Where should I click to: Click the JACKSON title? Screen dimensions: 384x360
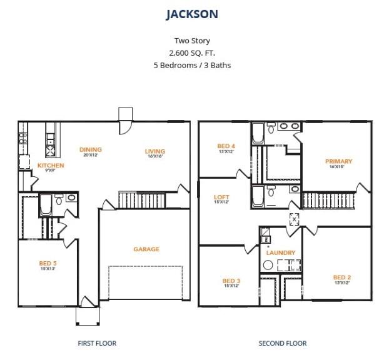tap(192, 14)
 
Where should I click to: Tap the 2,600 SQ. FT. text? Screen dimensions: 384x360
tap(192, 53)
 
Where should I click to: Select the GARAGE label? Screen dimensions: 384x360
tap(146, 249)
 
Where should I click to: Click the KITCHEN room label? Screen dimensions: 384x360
tap(51, 166)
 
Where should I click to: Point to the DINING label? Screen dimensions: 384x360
tap(91, 149)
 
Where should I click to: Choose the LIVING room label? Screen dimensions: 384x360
tap(155, 151)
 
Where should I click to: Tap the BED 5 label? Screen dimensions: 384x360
tap(48, 263)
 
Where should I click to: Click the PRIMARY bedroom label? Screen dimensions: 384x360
tap(339, 161)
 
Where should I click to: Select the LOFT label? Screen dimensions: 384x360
tap(221, 197)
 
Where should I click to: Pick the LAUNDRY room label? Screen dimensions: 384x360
tap(281, 252)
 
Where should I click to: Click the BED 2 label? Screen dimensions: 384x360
tap(342, 277)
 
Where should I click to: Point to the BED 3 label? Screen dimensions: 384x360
tap(231, 281)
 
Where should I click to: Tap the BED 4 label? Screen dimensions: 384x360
tap(226, 146)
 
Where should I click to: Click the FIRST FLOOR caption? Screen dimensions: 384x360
tap(97, 343)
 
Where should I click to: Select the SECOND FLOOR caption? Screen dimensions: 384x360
tap(283, 343)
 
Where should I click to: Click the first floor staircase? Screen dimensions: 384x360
tap(143, 200)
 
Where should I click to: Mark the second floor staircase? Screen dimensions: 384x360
tap(329, 201)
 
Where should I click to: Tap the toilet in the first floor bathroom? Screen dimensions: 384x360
tap(59, 199)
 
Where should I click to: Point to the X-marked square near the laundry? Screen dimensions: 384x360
tap(294, 219)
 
